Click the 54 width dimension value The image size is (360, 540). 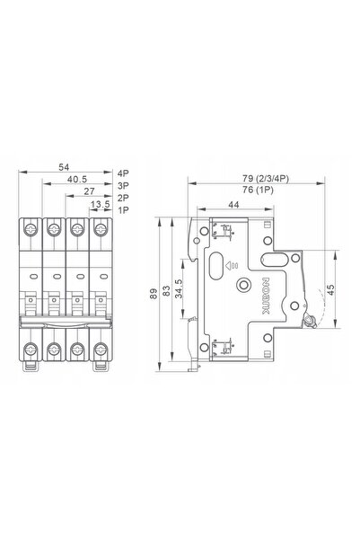(x=64, y=167)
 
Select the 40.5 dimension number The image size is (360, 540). (x=77, y=180)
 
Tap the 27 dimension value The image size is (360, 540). (x=89, y=191)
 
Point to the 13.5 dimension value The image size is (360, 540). (x=100, y=205)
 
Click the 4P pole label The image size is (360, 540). (x=123, y=173)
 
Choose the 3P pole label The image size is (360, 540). (x=123, y=186)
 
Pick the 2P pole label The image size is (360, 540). (x=123, y=198)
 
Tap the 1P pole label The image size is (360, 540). (x=123, y=210)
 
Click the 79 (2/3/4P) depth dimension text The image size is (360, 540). (x=266, y=179)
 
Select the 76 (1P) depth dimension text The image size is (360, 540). (x=258, y=190)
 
